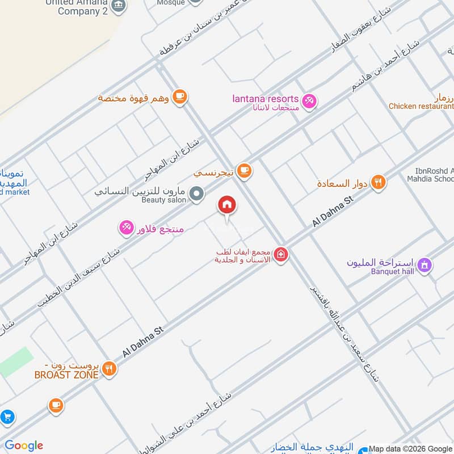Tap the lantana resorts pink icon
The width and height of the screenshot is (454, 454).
(x=309, y=101)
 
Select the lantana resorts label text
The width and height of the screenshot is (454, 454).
(x=265, y=98)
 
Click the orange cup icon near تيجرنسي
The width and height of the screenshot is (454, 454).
(x=244, y=171)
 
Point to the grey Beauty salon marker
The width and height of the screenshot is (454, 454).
(x=197, y=195)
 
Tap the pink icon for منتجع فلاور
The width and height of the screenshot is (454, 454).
(x=126, y=228)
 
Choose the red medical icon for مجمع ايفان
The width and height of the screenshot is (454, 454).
(x=280, y=255)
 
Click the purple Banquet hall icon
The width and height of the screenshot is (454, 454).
(x=424, y=265)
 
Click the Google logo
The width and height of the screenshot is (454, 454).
(x=24, y=445)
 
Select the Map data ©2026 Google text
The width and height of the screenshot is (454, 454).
(x=410, y=448)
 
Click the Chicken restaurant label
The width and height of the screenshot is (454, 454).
(x=421, y=106)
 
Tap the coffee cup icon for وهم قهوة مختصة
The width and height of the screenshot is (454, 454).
(x=180, y=96)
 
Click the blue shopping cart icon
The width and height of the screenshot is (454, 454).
(x=7, y=418)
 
